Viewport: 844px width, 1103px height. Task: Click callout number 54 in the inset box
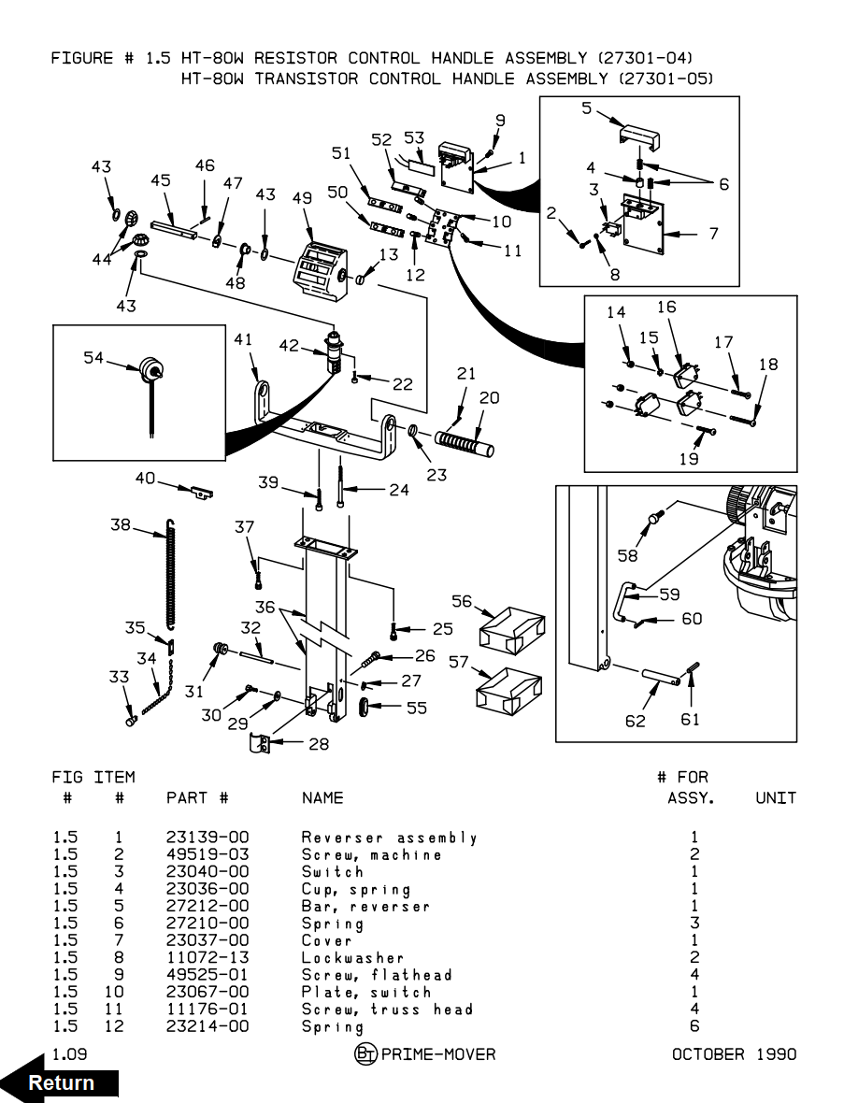tap(93, 357)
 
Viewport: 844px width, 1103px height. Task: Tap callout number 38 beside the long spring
tap(121, 524)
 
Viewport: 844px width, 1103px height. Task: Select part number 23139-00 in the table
tap(207, 838)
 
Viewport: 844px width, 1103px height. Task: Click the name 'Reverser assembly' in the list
tap(389, 838)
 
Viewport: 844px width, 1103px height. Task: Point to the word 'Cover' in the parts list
tap(327, 940)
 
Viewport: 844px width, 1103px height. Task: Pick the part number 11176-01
tap(207, 1009)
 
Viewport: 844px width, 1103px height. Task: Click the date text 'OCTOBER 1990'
tap(734, 1054)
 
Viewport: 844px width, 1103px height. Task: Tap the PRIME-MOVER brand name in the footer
tap(438, 1054)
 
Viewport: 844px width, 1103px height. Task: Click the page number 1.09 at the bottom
tap(69, 1054)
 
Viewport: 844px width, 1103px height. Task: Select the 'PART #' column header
tap(197, 797)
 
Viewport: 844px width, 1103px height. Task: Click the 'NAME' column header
tap(322, 797)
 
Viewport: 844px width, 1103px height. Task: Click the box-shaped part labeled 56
tap(511, 629)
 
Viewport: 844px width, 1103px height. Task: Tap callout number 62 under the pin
tap(636, 720)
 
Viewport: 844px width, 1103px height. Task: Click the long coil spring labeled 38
tap(171, 572)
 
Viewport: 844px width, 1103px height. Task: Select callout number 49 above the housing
tap(301, 198)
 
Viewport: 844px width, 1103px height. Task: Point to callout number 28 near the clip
tap(318, 744)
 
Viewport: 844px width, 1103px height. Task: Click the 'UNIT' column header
tap(776, 797)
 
